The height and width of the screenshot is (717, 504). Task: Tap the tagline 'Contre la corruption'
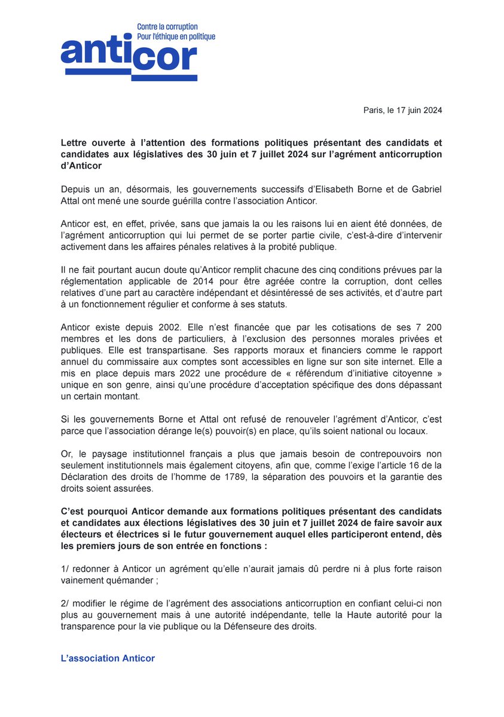tap(167, 27)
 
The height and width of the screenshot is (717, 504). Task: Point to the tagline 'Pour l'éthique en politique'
tap(176, 36)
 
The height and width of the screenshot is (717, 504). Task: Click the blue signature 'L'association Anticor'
tap(108, 658)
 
